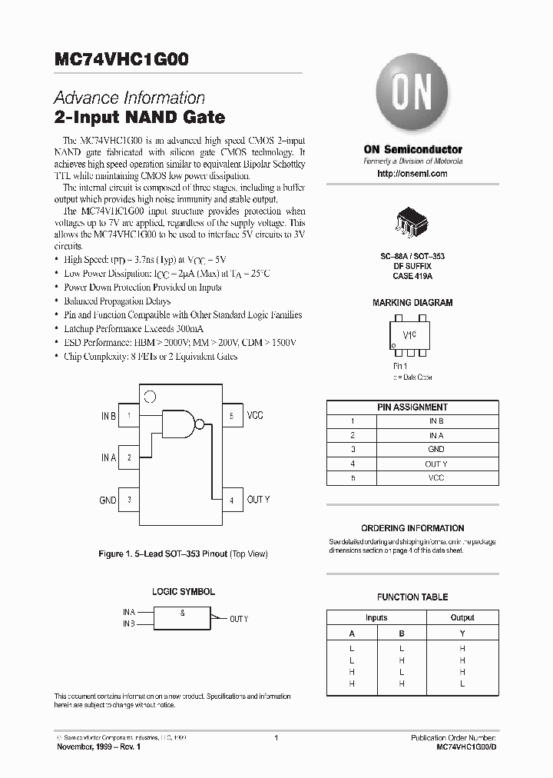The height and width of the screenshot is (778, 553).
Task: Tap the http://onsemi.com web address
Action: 412,174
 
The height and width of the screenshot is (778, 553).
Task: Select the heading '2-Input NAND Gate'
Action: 139,118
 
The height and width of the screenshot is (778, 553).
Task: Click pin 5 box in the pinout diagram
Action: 231,415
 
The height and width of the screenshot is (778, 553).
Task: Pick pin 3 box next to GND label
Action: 130,500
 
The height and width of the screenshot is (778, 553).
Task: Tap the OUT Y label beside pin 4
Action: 258,500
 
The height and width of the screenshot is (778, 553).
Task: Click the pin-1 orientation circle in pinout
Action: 151,397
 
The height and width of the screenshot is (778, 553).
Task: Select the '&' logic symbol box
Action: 183,617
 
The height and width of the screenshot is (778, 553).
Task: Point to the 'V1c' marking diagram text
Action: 409,336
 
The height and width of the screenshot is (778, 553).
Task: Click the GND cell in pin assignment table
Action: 435,449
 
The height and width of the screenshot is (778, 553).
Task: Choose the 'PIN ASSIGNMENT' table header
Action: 412,407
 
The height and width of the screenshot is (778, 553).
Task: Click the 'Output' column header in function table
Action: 462,617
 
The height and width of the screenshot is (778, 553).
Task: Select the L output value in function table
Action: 462,683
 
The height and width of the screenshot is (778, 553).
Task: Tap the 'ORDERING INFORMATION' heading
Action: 412,528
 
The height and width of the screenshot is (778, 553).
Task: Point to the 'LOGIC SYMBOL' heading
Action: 182,592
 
